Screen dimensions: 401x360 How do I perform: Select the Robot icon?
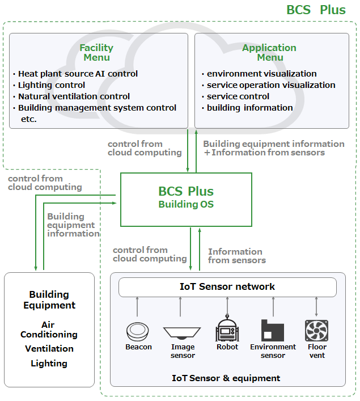[x=227, y=330]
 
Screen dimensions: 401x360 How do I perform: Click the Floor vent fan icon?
[x=316, y=331]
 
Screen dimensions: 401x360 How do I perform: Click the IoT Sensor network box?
[x=227, y=287]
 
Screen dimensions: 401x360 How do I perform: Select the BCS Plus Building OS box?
[x=186, y=199]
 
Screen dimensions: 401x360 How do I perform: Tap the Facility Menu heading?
[x=96, y=53]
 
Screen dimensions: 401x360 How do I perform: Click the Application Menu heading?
[x=269, y=53]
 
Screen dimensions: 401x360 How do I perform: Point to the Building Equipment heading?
[x=49, y=300]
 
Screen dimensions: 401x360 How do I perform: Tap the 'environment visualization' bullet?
[x=261, y=74]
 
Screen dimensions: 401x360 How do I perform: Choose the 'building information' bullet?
[x=249, y=108]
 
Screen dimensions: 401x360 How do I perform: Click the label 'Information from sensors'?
[x=236, y=256]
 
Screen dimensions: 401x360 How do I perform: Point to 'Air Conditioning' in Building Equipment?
[x=49, y=330]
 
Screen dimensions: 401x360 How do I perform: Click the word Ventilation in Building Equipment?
[x=49, y=349]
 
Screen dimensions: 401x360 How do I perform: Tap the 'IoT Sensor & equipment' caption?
[x=226, y=378]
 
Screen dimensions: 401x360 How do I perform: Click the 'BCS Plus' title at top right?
[x=316, y=10]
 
